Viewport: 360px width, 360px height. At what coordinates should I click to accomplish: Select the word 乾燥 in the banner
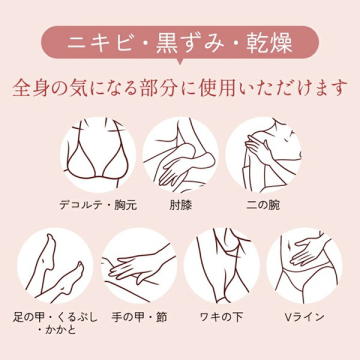click(x=269, y=43)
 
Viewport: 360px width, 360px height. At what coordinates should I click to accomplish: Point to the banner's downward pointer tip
click(x=180, y=64)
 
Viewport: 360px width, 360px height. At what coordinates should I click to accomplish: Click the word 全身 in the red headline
click(x=32, y=87)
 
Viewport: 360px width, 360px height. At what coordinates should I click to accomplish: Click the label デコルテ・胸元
click(x=98, y=205)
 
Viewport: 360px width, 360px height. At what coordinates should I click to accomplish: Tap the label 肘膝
click(x=180, y=205)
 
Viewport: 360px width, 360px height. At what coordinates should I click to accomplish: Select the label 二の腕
click(x=263, y=205)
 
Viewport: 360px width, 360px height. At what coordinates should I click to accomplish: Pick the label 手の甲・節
click(x=139, y=317)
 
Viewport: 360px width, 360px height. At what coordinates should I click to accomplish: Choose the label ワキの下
click(x=221, y=317)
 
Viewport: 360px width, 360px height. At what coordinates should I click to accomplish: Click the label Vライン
click(x=304, y=317)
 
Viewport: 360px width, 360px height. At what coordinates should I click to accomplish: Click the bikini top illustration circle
click(x=98, y=155)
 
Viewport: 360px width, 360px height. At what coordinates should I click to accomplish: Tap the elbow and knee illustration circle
click(x=180, y=155)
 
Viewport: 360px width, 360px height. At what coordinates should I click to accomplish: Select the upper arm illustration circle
click(x=263, y=155)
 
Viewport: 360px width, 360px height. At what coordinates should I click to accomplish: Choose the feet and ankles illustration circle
click(x=55, y=266)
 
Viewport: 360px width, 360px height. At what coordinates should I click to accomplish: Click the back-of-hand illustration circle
click(x=139, y=266)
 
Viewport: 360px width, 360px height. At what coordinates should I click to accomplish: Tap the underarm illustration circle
click(x=221, y=266)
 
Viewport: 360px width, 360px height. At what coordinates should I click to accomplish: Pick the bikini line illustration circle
click(x=304, y=266)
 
